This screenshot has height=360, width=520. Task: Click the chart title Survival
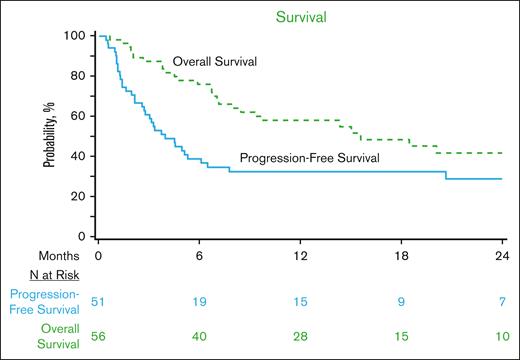301,15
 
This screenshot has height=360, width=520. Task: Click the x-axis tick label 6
200,254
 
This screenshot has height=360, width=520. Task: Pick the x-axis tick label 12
302,254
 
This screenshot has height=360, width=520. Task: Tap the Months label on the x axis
31,254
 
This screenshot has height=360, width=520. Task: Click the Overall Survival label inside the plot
215,62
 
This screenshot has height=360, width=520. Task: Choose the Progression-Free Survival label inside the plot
305,158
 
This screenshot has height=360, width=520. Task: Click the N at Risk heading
38,274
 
